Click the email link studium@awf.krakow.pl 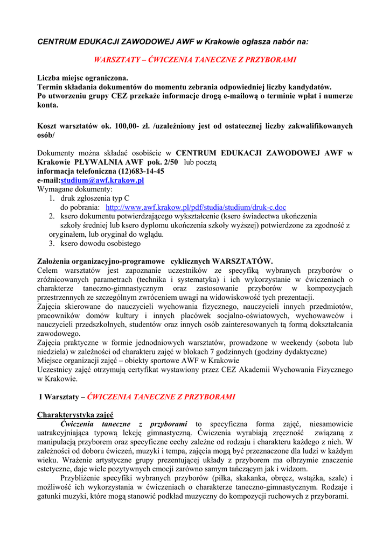tap(102, 180)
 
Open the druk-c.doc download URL tap(196, 207)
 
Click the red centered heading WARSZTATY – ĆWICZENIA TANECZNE tap(195, 60)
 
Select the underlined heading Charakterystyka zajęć tap(75, 415)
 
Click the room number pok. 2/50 tap(162, 162)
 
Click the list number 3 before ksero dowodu tap(52, 244)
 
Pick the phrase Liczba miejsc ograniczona tap(82, 78)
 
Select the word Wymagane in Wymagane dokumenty tap(53, 189)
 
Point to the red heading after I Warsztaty tap(161, 397)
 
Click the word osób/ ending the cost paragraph tap(46, 135)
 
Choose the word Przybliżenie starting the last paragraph tap(83, 478)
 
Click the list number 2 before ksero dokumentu tap(52, 216)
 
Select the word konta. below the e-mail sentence tap(47, 105)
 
